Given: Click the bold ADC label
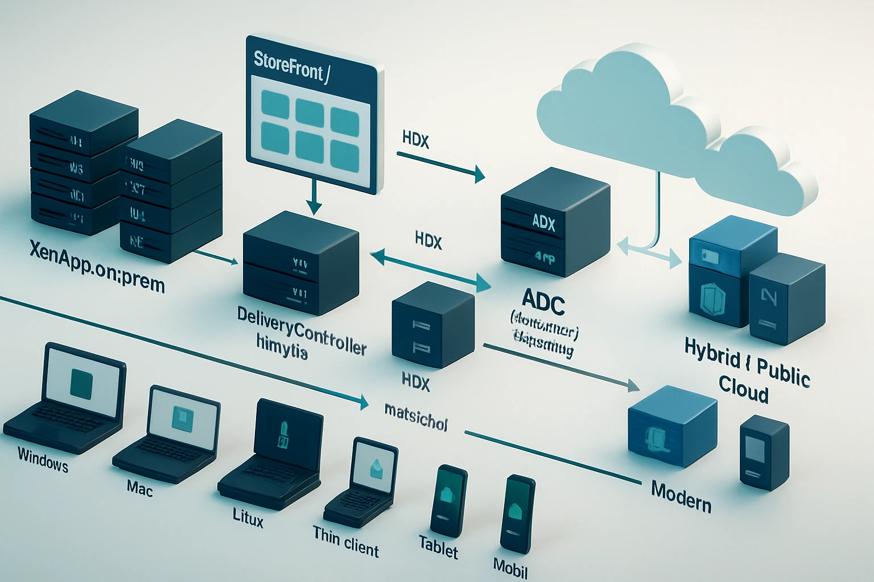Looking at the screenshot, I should point(543,302).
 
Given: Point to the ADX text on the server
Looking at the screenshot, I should point(543,223).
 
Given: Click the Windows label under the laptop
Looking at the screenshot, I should point(43,459).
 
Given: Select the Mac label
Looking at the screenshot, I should point(139,488).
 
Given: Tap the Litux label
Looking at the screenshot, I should point(248,518).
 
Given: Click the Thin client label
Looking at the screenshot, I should point(345,542).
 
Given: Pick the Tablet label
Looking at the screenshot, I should point(438,547).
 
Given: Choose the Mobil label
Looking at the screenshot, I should point(510,567).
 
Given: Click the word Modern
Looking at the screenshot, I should point(681,496).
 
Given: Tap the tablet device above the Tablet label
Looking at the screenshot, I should point(449,498).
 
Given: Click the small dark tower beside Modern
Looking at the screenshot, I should point(764,452).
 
